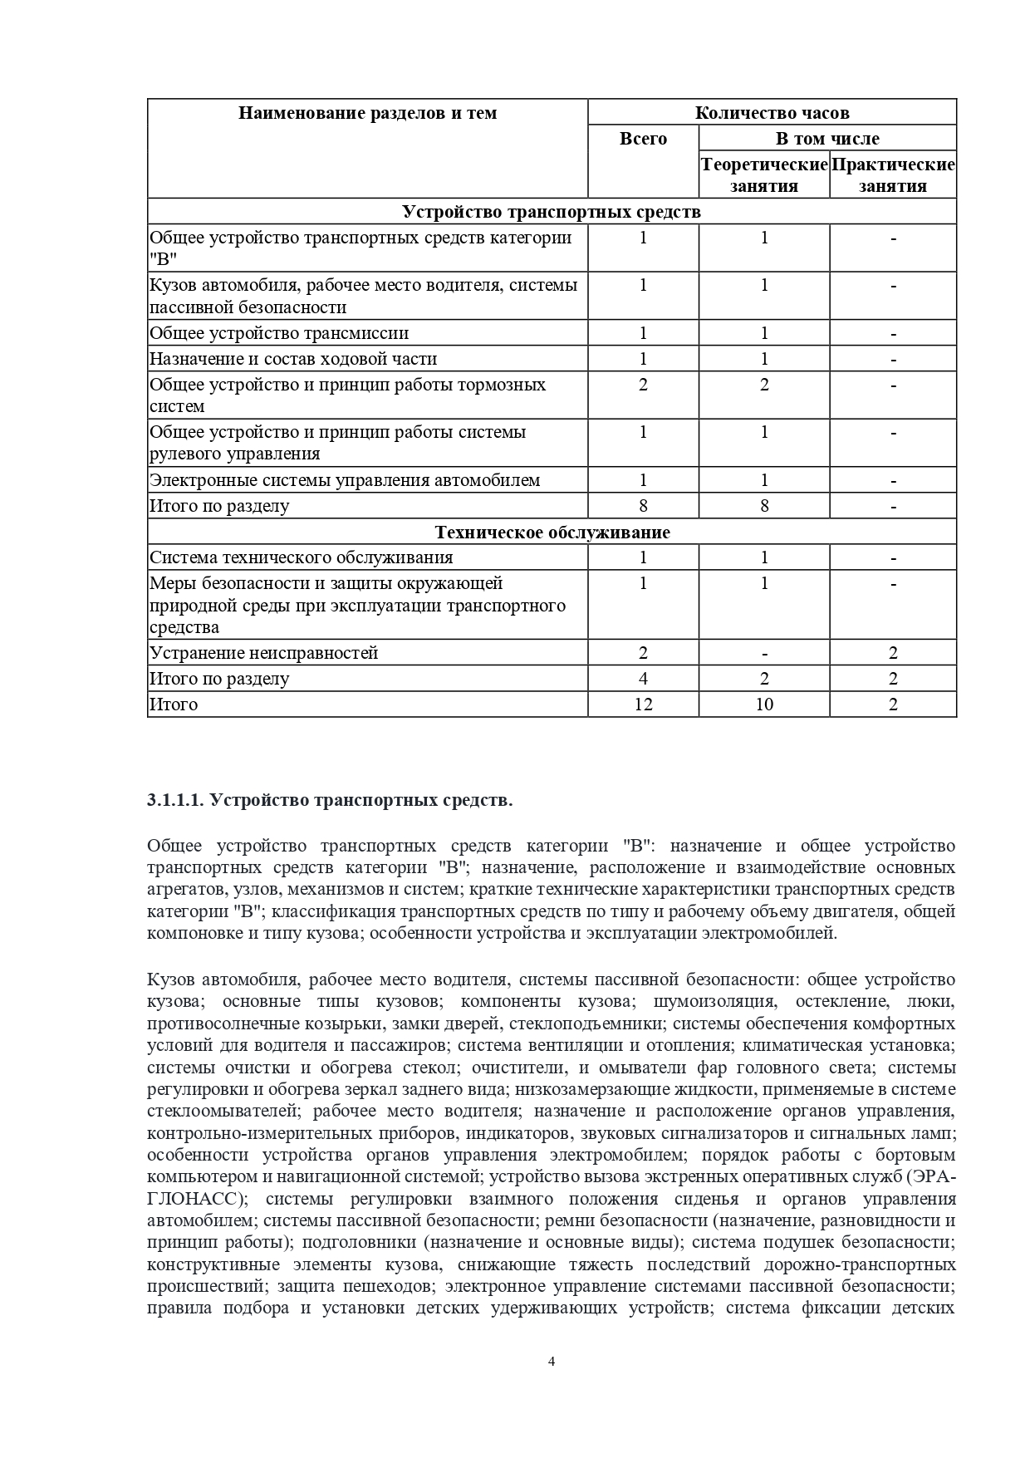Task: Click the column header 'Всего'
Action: click(x=643, y=139)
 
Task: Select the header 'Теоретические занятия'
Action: click(x=764, y=175)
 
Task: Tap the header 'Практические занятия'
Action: click(x=893, y=175)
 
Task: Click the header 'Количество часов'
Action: click(x=772, y=113)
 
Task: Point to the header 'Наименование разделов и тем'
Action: click(x=367, y=113)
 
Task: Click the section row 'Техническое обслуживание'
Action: click(x=552, y=533)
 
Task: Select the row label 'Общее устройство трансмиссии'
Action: click(x=279, y=333)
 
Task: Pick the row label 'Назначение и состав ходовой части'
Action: click(x=293, y=359)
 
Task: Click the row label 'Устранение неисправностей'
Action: click(x=263, y=653)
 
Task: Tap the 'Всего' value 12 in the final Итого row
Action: click(x=643, y=704)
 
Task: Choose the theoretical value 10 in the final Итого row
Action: click(x=764, y=704)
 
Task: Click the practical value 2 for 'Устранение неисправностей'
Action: click(x=893, y=653)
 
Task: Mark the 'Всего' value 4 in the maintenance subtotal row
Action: click(x=643, y=679)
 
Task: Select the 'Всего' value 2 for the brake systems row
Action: click(x=643, y=385)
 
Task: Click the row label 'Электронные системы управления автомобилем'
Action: click(x=345, y=480)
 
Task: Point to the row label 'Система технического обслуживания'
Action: click(x=302, y=557)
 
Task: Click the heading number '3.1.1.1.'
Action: click(x=175, y=800)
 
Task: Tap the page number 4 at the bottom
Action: click(x=552, y=1361)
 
